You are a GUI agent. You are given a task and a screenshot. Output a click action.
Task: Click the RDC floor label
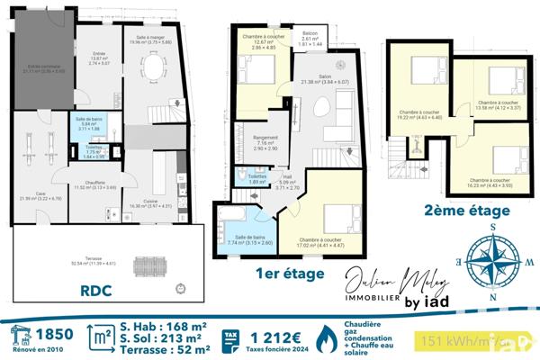click(99, 291)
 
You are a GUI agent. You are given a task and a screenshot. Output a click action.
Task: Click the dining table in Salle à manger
click(155, 68)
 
